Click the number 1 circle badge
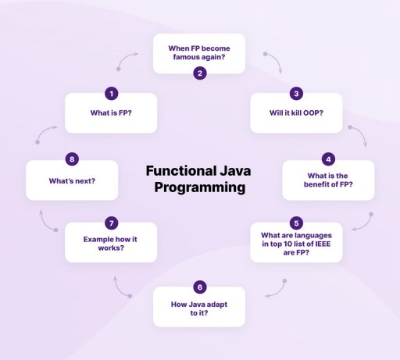(112, 94)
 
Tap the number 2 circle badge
(200, 73)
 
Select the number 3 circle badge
(296, 94)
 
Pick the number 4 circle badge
(328, 159)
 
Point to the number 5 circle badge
(296, 223)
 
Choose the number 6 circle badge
(200, 287)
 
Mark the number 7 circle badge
(112, 223)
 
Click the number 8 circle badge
(72, 159)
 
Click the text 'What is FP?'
(111, 112)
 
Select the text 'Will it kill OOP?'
(296, 112)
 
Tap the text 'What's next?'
(72, 181)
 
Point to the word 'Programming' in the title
(200, 188)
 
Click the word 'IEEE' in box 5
(323, 244)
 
